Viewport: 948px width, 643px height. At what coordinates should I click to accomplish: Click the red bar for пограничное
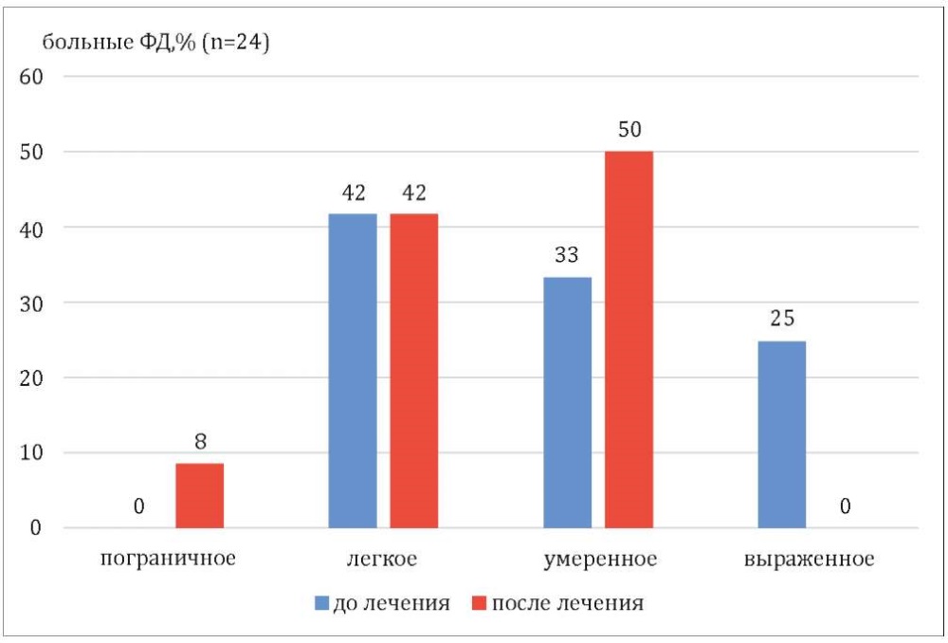pos(200,495)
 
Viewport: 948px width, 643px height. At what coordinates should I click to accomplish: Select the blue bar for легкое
pos(353,370)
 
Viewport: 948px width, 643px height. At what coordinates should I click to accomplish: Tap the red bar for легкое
pos(414,370)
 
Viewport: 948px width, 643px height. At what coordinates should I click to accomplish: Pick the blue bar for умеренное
pos(568,402)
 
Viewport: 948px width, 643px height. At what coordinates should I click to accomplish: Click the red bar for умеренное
pos(629,339)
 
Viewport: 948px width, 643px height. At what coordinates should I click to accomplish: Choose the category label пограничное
pos(168,558)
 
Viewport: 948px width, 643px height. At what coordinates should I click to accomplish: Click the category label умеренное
pos(600,558)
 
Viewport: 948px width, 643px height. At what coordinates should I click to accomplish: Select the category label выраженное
pos(809,558)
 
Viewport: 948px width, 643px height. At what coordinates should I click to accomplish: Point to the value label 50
pos(629,130)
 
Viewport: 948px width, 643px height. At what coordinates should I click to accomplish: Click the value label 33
pos(568,256)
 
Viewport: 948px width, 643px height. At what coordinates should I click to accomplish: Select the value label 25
pos(782,320)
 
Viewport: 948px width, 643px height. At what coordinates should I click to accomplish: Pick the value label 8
pos(200,442)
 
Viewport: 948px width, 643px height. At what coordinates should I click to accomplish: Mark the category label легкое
pos(383,558)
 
